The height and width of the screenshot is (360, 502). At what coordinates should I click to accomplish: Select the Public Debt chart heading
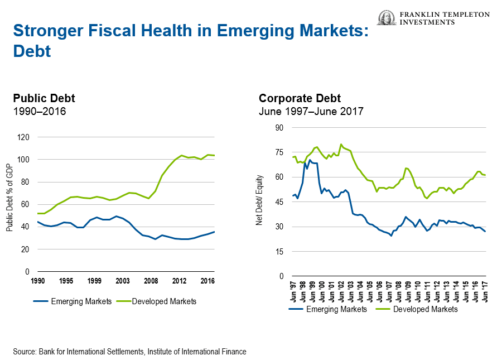[x=44, y=98]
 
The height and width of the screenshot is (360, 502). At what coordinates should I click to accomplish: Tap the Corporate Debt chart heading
[x=300, y=98]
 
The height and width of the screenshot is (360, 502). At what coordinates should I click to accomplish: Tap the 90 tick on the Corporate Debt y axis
[x=279, y=128]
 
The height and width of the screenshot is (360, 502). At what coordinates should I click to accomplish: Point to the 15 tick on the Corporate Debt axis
[x=279, y=252]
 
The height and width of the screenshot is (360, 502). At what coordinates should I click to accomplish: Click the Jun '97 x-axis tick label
[x=293, y=291]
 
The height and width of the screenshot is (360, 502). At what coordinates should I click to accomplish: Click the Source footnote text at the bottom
[x=129, y=352]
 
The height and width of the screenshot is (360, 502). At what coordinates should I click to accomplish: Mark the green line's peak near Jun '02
[x=341, y=144]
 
